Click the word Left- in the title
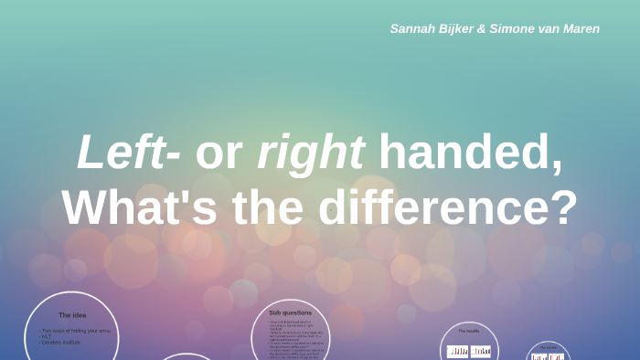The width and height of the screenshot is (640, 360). pos(128,152)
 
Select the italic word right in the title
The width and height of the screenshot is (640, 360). pos(311,154)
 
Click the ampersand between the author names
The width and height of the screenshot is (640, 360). pos(482,28)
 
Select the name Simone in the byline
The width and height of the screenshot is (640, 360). pos(513,28)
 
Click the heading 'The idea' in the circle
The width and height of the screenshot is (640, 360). pos(72,315)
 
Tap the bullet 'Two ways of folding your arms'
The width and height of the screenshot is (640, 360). pos(77,331)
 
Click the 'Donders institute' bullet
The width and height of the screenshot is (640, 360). pos(61,342)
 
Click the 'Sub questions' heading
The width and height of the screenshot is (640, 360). pos(290,312)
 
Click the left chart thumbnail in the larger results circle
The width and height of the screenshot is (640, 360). pos(457,351)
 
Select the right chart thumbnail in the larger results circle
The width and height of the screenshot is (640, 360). pos(481,351)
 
